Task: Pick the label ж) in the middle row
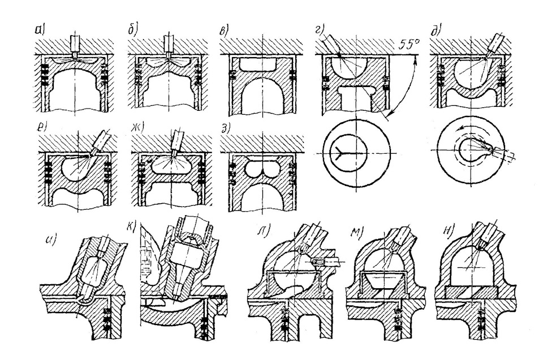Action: tap(139, 123)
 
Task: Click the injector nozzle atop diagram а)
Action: tap(75, 45)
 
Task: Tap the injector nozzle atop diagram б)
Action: tap(167, 45)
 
